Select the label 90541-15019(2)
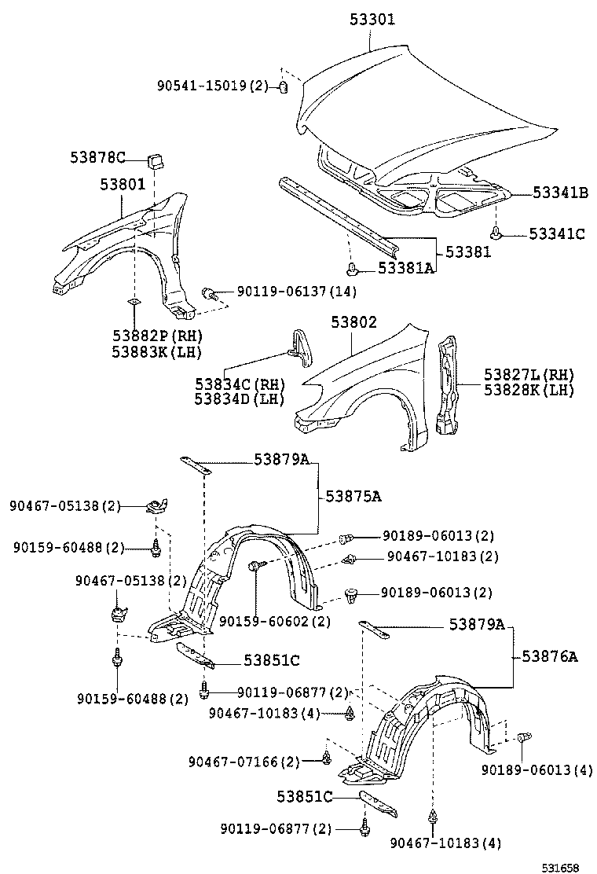tap(211, 85)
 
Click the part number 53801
tap(122, 185)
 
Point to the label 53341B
tap(559, 192)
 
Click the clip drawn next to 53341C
tap(496, 233)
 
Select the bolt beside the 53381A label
tap(354, 270)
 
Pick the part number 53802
tap(353, 322)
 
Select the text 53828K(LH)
tap(528, 389)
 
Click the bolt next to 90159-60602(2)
tap(256, 566)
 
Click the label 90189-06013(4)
tap(537, 769)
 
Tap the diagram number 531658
tap(559, 867)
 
